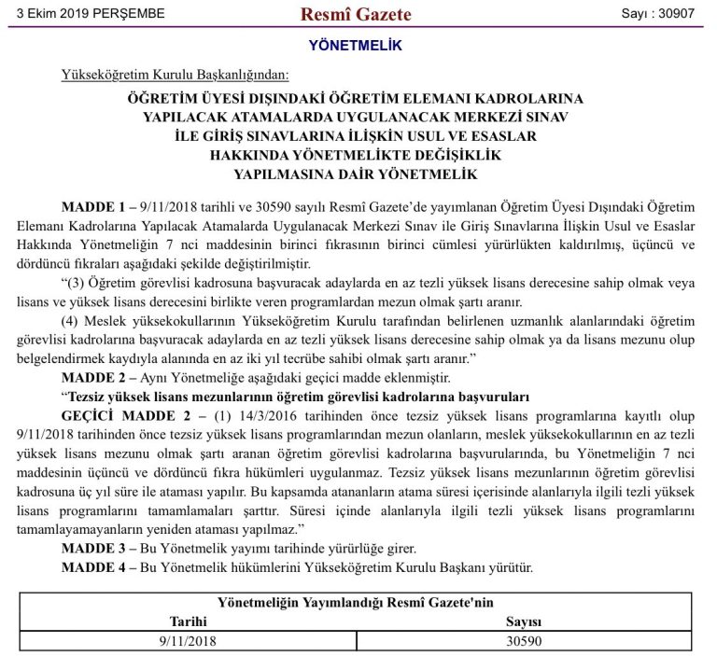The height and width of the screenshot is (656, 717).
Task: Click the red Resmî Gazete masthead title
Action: (x=356, y=14)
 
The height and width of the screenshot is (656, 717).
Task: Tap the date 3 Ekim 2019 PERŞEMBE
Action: (x=84, y=14)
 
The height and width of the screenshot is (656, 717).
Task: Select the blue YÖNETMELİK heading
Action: (x=356, y=45)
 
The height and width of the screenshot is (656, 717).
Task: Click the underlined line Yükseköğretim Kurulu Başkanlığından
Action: (x=176, y=75)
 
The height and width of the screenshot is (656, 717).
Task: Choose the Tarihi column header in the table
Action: (x=188, y=621)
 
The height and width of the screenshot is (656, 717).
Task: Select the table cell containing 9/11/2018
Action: (x=188, y=641)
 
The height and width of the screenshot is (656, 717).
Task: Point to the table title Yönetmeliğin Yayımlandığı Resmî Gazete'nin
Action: (x=356, y=602)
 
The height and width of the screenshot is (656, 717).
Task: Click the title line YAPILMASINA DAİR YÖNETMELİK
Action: (x=356, y=174)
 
